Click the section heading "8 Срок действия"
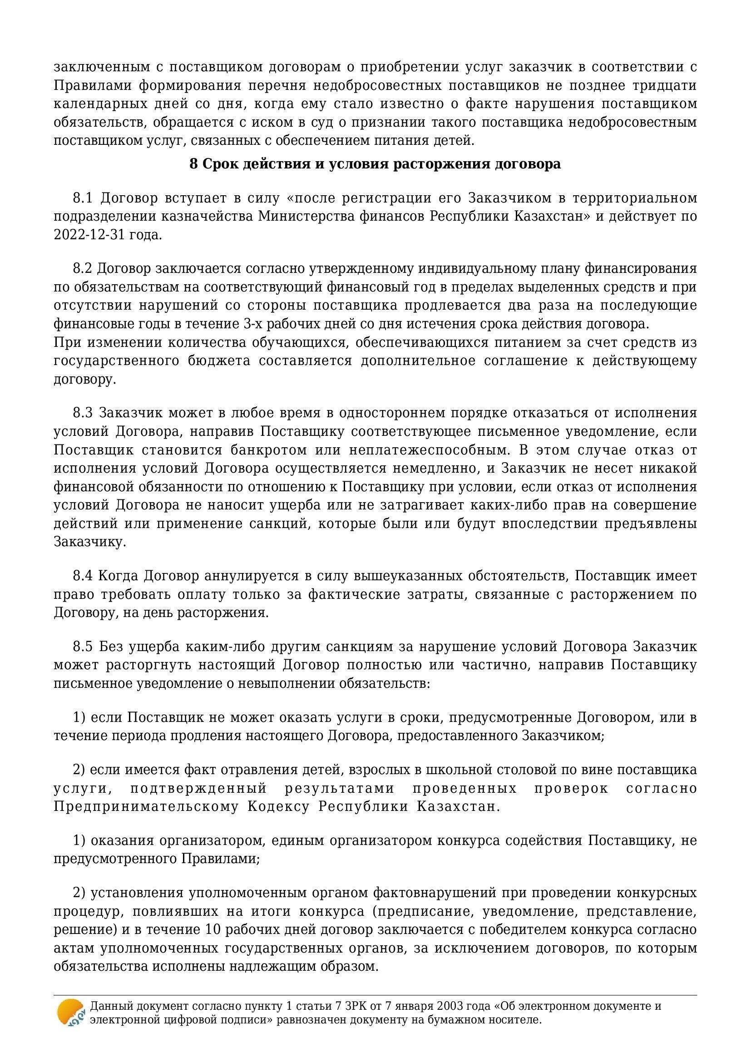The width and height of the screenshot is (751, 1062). pos(375,164)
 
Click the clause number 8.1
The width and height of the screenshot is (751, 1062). pos(83,198)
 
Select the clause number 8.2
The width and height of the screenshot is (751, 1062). pos(83,269)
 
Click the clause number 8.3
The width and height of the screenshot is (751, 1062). pos(83,413)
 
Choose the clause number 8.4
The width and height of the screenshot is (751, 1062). pos(83,576)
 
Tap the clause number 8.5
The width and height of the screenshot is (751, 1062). pos(83,647)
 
